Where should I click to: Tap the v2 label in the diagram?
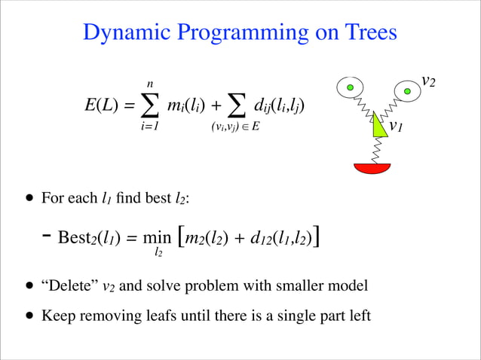[428, 81]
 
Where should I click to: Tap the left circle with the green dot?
[350, 88]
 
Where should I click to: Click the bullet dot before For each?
[29, 199]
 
